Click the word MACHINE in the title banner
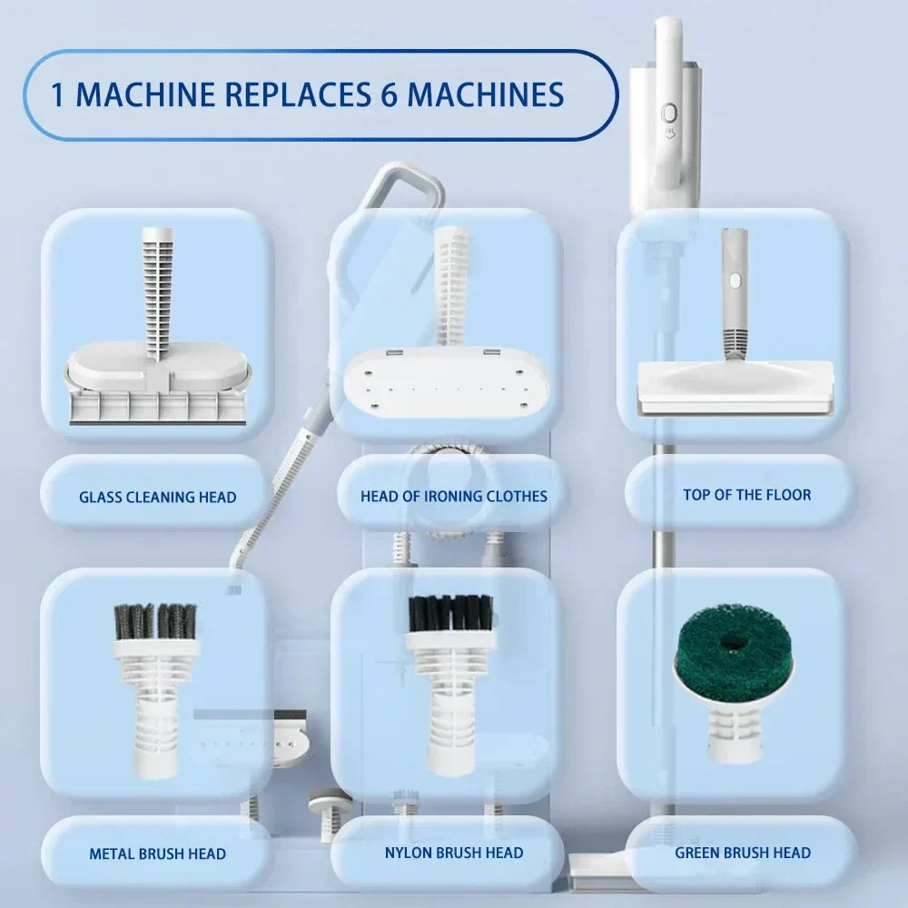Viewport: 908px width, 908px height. point(145,94)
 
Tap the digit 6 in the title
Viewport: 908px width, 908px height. point(390,94)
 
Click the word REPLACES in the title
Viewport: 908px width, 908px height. point(297,94)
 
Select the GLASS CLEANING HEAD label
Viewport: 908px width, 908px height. point(157,497)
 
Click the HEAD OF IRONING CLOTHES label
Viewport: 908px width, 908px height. point(453,497)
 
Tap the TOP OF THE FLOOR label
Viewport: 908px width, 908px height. point(747,495)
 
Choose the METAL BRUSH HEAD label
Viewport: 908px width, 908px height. point(157,854)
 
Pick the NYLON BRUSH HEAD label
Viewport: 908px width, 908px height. point(454,853)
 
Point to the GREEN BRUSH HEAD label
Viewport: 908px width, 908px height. point(743,853)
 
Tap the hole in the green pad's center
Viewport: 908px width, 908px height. point(733,640)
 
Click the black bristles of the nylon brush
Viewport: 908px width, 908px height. point(450,613)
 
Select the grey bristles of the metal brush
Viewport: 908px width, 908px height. point(155,621)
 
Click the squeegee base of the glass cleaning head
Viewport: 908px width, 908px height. point(157,408)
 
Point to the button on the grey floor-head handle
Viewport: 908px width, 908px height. point(735,281)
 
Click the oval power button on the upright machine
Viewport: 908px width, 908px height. point(669,113)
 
